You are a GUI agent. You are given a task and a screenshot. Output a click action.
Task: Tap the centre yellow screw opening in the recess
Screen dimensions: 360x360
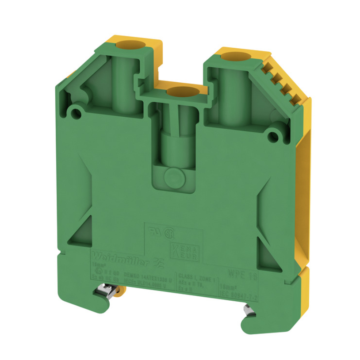[x=180, y=92]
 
